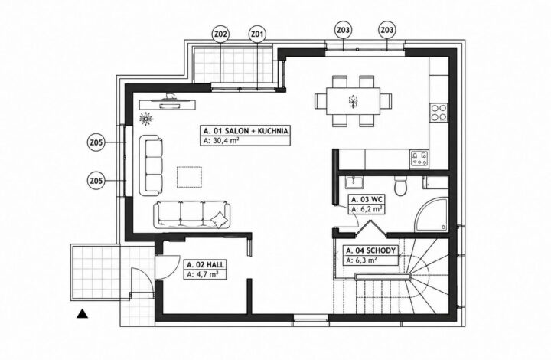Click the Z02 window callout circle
tap(220, 34)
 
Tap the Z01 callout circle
tap(258, 34)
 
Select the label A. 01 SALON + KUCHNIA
tap(246, 131)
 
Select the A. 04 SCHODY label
tap(370, 250)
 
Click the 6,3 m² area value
tap(361, 260)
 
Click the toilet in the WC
tap(401, 185)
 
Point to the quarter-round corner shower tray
tap(432, 214)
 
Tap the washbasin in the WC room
tap(354, 182)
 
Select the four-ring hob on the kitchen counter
tap(439, 113)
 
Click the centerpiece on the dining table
tap(353, 101)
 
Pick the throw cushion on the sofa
tap(219, 220)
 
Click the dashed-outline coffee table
tap(190, 177)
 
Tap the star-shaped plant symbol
tap(146, 119)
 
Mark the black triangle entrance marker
tap(82, 313)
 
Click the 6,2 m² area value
tap(367, 209)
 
